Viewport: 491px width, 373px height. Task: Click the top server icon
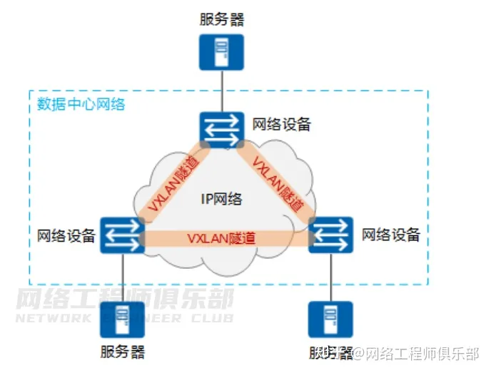221,52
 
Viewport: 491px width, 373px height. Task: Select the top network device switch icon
221,128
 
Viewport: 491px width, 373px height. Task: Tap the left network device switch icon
123,235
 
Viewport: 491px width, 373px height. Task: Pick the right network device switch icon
331,235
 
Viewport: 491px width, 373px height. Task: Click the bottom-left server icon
123,319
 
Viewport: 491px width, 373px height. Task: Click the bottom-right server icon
330,319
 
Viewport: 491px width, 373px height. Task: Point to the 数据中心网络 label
81,104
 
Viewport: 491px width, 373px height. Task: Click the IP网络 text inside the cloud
221,198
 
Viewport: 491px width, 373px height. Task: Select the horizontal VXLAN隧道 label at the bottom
221,238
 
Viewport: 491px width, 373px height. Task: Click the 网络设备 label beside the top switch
282,124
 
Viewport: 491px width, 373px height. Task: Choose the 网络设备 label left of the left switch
66,235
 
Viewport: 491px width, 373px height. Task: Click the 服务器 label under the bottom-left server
123,352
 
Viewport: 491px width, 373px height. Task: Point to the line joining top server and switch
221,91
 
